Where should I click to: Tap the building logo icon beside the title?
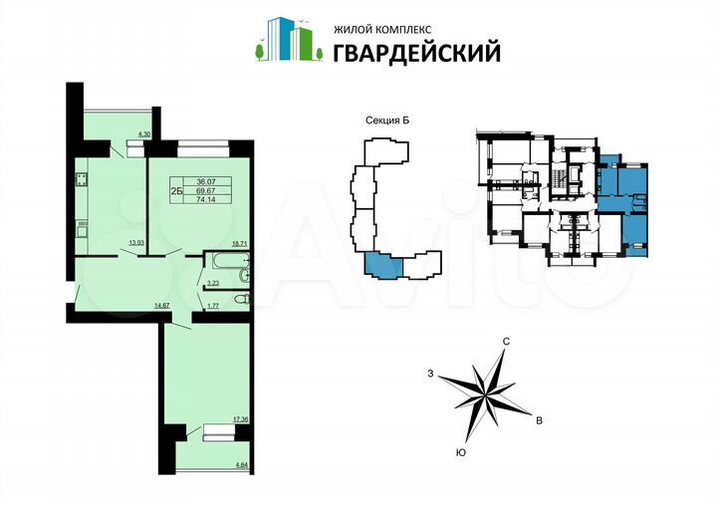click(x=288, y=40)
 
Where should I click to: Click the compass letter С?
click(x=507, y=342)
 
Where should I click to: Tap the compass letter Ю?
click(x=461, y=453)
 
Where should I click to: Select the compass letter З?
click(x=430, y=374)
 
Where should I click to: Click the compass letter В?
click(x=539, y=422)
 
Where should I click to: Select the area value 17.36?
click(x=239, y=419)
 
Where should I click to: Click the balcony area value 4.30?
click(x=142, y=134)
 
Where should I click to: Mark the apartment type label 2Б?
click(x=176, y=189)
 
